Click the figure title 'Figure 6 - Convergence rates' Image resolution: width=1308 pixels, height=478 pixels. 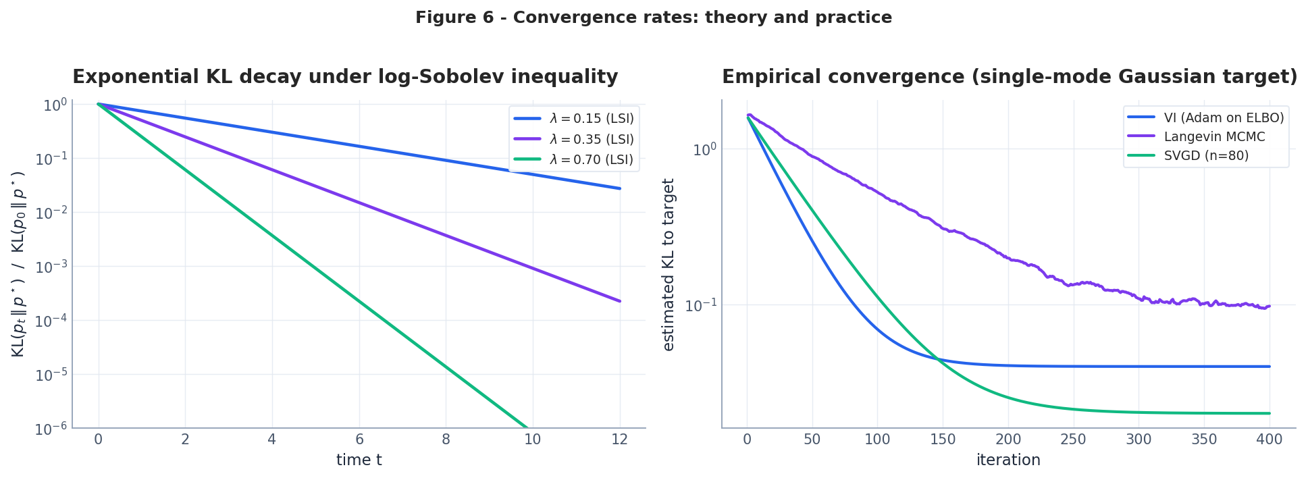pyautogui.click(x=653, y=18)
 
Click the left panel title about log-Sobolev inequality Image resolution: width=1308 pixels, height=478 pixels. pyautogui.click(x=345, y=77)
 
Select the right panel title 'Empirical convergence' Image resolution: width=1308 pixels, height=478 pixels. pyautogui.click(x=1009, y=77)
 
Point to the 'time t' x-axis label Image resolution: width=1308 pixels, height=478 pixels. pyautogui.click(x=359, y=460)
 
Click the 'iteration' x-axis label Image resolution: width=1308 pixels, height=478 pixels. pyautogui.click(x=1008, y=460)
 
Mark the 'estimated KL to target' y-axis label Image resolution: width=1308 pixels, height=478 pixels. pyautogui.click(x=669, y=265)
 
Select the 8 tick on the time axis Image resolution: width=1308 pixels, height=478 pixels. pyautogui.click(x=446, y=440)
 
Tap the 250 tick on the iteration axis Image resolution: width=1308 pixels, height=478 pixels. pyautogui.click(x=1073, y=440)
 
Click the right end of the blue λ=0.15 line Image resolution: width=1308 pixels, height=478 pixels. pyautogui.click(x=619, y=188)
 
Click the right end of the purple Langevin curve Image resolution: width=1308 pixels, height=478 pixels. pyautogui.click(x=1270, y=307)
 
